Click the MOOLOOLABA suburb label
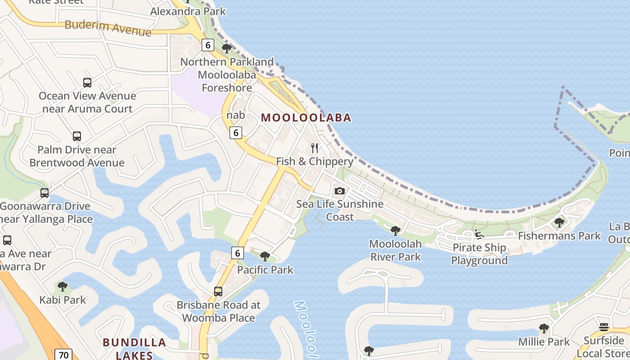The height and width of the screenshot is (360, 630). click(306, 118)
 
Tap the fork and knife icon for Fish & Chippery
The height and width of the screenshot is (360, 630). click(315, 148)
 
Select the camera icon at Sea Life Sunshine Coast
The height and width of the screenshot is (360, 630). click(340, 191)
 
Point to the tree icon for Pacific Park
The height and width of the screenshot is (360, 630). click(265, 256)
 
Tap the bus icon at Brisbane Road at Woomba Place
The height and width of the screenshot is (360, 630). click(218, 292)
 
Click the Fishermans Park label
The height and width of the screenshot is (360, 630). click(559, 236)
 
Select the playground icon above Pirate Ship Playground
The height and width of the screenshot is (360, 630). click(479, 234)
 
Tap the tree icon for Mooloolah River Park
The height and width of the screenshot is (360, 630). click(395, 231)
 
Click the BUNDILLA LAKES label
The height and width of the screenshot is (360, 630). click(134, 349)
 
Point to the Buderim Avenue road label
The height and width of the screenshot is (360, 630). click(108, 28)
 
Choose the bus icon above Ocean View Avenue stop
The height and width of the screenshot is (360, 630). click(87, 83)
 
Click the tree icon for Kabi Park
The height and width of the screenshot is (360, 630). click(63, 287)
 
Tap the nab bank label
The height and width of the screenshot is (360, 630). click(236, 115)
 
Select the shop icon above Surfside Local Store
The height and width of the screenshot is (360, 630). click(604, 327)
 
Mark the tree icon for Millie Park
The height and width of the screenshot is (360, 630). click(544, 328)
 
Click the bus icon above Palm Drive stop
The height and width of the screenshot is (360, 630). click(77, 136)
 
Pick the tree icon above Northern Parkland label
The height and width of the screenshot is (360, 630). click(227, 48)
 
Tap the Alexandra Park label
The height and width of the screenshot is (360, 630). click(188, 11)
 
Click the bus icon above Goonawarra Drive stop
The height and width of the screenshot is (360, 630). click(45, 193)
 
